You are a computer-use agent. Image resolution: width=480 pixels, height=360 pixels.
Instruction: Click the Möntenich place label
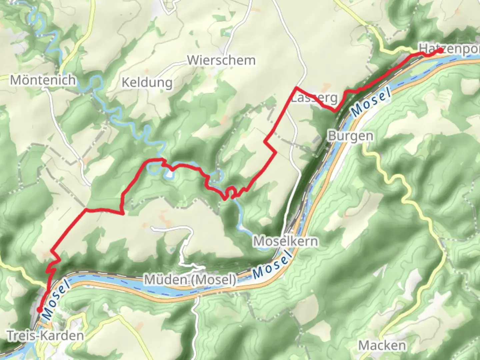click(x=43, y=80)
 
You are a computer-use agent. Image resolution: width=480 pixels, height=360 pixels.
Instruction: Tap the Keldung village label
click(x=147, y=82)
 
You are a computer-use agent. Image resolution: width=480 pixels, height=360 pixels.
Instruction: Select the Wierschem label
click(x=221, y=60)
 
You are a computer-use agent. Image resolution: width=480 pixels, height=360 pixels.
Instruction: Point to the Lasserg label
click(x=314, y=98)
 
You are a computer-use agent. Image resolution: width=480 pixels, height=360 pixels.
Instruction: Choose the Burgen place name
click(x=350, y=136)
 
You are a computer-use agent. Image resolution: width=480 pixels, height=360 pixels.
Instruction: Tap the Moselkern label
click(x=286, y=241)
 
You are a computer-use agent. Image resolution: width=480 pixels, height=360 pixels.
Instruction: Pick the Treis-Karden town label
click(x=45, y=335)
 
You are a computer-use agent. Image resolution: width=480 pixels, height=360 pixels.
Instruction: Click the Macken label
click(x=382, y=345)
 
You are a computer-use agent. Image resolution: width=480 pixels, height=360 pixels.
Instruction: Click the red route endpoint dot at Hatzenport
click(x=440, y=51)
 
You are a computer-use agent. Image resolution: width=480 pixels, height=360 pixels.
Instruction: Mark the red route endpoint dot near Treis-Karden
click(x=39, y=310)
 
